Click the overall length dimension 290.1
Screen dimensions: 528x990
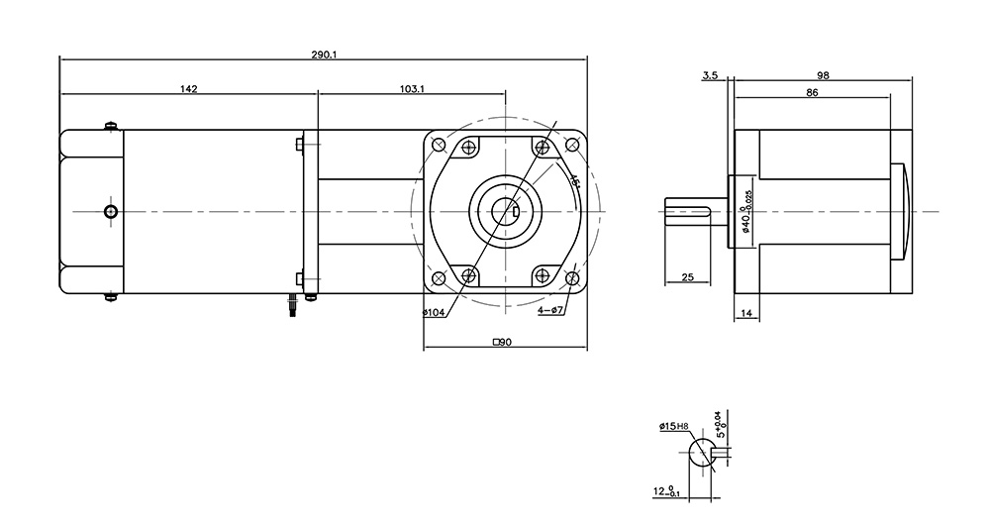(324, 54)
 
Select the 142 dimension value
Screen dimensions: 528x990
(188, 89)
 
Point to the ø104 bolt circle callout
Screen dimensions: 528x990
(435, 313)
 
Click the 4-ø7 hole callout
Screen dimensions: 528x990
(550, 311)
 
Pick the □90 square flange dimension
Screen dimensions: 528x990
(501, 342)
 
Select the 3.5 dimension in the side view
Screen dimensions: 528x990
(709, 75)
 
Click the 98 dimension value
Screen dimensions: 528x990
(823, 75)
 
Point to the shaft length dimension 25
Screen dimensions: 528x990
(688, 277)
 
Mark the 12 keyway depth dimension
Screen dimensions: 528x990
(665, 490)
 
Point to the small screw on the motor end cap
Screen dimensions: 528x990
(111, 211)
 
